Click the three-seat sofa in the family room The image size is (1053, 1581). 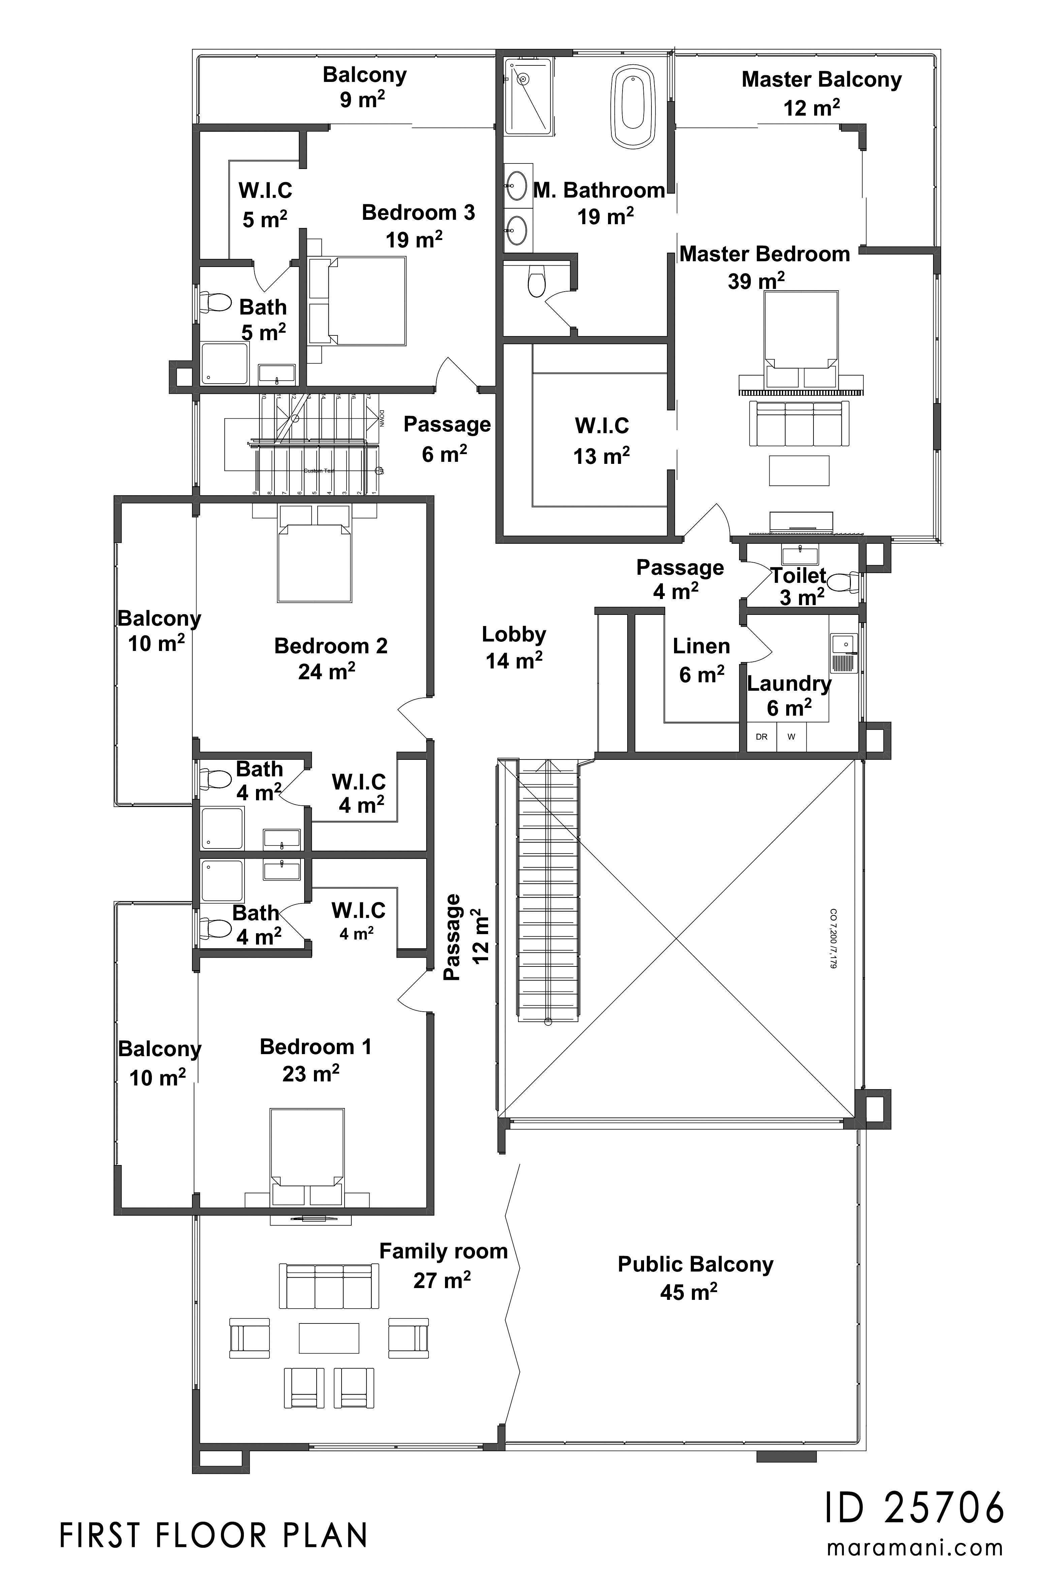[x=328, y=1286]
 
